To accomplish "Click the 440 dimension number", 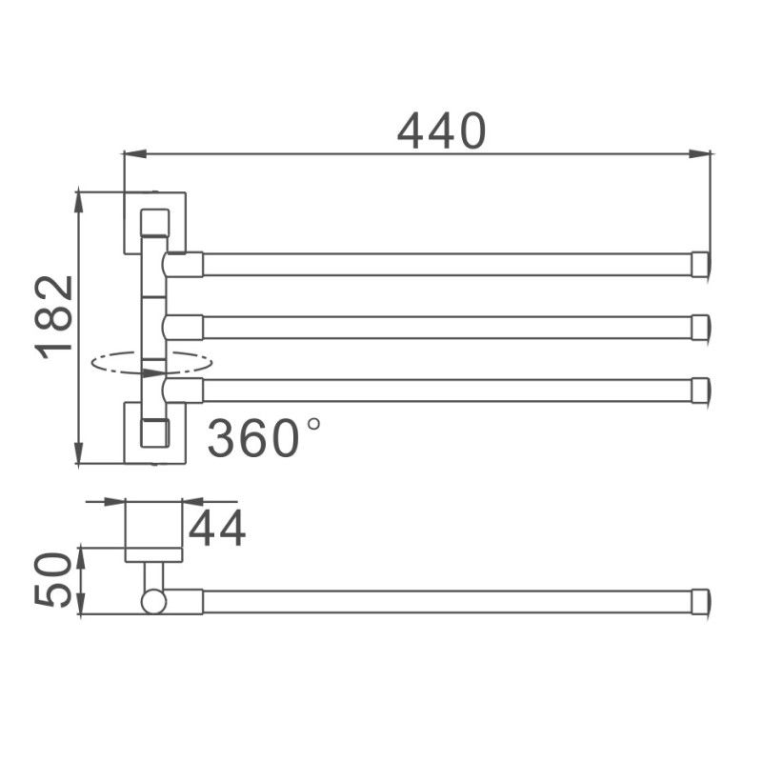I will point(442,130).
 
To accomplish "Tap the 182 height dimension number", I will point(56,316).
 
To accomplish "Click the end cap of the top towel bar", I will point(700,264).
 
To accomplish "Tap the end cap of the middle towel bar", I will point(700,327).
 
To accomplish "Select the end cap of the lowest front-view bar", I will point(700,390).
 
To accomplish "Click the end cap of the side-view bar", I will point(700,601).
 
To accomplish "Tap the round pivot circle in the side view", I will point(153,601).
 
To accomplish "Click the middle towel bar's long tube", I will point(448,327).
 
